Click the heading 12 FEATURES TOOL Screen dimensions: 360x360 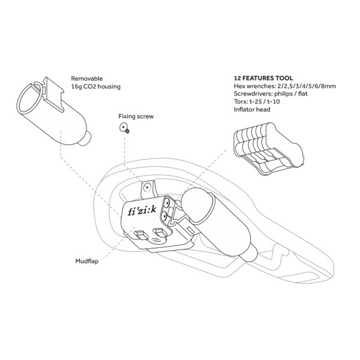[x=263, y=78]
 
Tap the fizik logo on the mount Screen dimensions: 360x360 [x=142, y=211]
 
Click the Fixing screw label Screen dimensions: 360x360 [x=136, y=116]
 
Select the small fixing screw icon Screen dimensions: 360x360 [x=125, y=128]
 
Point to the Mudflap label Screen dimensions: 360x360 [x=87, y=261]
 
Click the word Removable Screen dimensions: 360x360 [x=87, y=79]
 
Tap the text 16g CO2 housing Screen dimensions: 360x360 [x=96, y=86]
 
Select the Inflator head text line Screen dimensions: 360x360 [x=252, y=109]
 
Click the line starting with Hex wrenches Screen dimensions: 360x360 [x=284, y=86]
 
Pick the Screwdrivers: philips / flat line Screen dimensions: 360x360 [x=271, y=94]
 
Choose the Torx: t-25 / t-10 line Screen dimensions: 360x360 [x=257, y=101]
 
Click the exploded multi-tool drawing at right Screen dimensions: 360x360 [x=268, y=148]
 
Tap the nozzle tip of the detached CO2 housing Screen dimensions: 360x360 [x=86, y=139]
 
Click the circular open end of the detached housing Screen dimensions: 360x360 [x=29, y=98]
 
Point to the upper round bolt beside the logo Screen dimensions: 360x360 [x=166, y=203]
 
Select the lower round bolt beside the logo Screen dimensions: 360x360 [x=164, y=216]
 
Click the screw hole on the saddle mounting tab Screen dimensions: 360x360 [x=147, y=188]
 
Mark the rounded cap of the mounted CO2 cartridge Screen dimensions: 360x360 [x=197, y=205]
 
